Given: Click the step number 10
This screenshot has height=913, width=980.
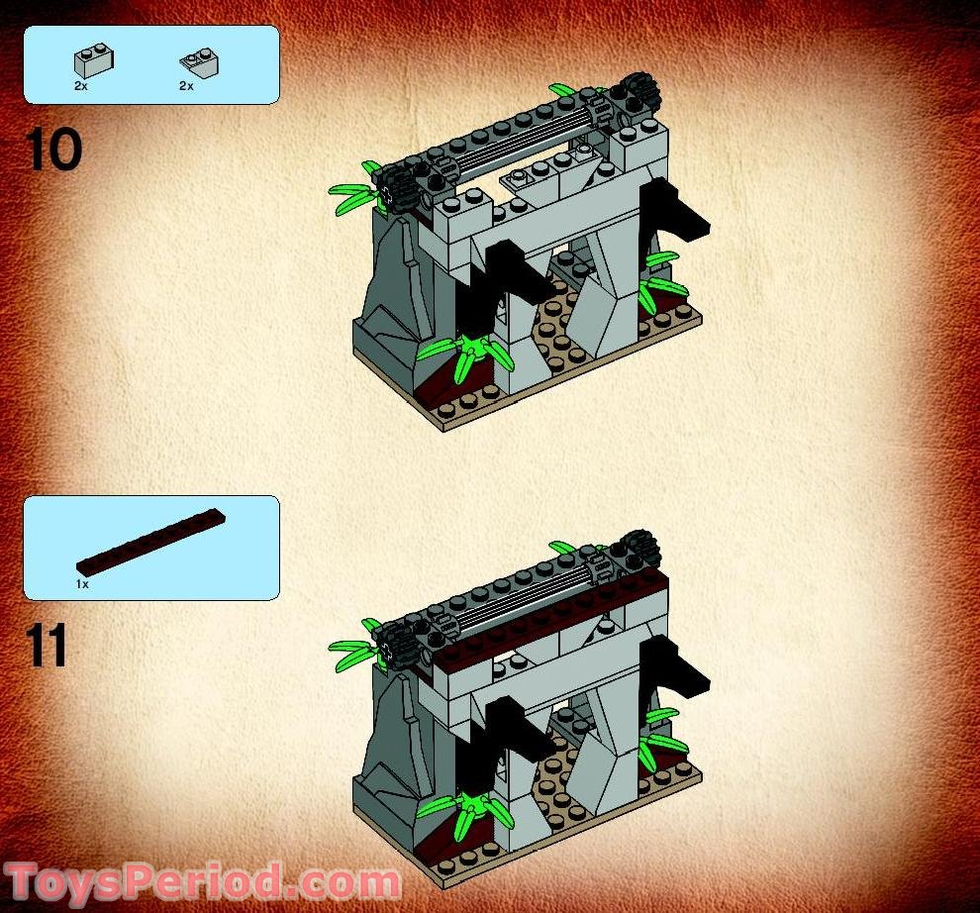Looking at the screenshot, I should click(53, 150).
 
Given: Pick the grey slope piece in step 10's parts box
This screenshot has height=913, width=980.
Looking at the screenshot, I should click(199, 62).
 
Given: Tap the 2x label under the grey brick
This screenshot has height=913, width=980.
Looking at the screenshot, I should click(81, 87).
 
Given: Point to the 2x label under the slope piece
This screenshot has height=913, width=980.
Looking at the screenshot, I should click(186, 87).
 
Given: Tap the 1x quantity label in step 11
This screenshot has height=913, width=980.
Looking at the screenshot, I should click(82, 585).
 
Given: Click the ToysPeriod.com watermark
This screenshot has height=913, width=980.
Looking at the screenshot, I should click(203, 880).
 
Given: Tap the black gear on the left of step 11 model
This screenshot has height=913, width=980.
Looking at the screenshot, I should click(399, 644).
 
